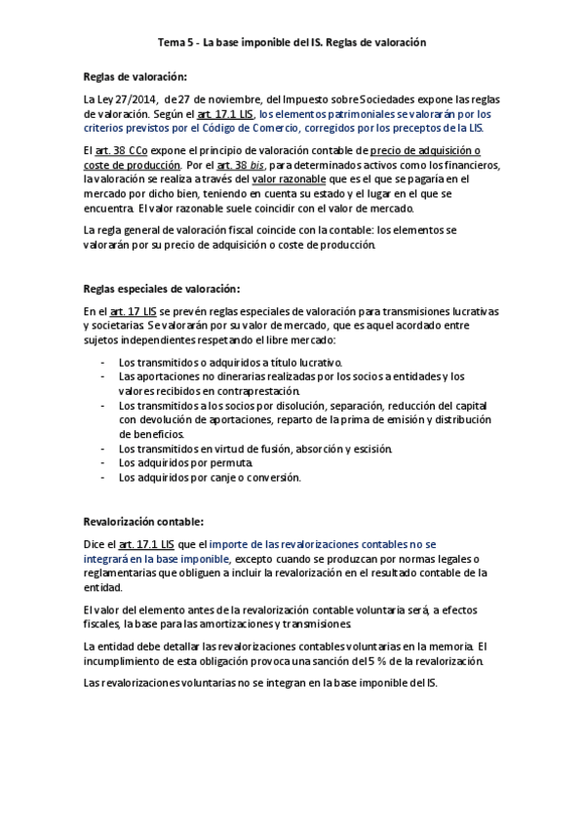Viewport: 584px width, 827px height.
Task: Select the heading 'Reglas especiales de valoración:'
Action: [x=162, y=289]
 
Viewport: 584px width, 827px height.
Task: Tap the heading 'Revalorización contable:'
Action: [x=143, y=522]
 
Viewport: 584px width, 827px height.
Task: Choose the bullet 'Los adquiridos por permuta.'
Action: [x=185, y=462]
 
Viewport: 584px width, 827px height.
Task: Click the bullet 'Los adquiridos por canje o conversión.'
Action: [x=210, y=477]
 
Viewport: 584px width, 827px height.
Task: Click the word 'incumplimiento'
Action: [x=124, y=660]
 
